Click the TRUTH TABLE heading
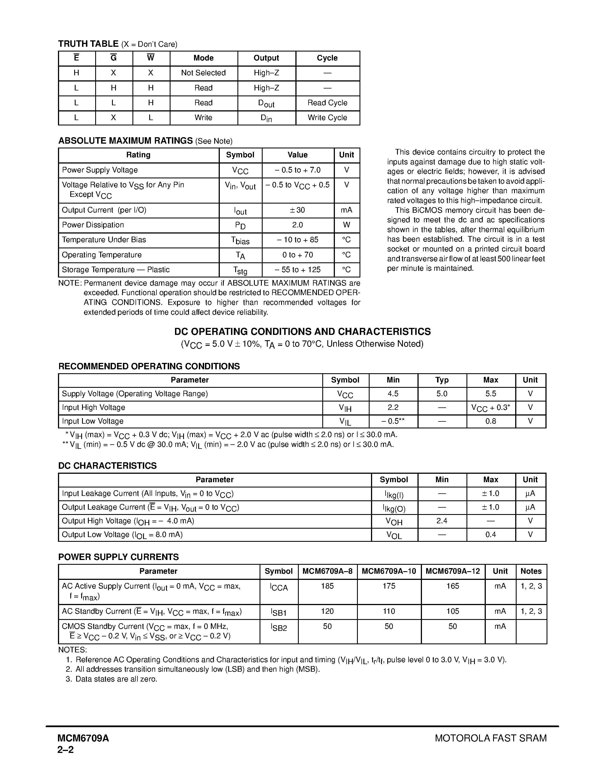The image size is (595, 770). [x=88, y=44]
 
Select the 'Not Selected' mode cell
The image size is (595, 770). [x=203, y=73]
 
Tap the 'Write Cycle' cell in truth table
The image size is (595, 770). [x=327, y=118]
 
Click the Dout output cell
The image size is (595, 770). [x=266, y=103]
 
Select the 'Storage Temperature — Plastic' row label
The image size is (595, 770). [x=116, y=270]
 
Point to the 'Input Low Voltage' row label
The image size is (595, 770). [x=92, y=421]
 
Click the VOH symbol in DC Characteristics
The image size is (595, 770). [x=394, y=521]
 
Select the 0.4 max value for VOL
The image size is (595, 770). [x=490, y=535]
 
